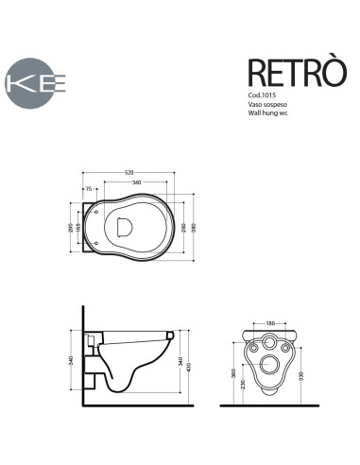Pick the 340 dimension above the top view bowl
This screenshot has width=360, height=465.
tap(136, 182)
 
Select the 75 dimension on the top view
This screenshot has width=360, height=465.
tap(89, 190)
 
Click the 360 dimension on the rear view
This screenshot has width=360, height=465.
tap(233, 375)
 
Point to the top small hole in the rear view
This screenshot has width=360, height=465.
tap(268, 342)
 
